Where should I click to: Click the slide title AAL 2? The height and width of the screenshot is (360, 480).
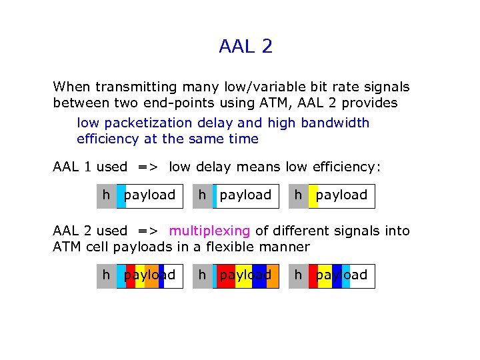point(245,47)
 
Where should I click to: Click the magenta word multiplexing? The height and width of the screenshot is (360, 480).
point(209,231)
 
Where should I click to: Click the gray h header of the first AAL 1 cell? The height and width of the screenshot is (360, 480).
point(106,195)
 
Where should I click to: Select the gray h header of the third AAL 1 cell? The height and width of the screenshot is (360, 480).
point(298,195)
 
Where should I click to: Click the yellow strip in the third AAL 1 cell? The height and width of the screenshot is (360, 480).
point(313,195)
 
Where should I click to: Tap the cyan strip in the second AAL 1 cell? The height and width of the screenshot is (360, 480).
point(215,195)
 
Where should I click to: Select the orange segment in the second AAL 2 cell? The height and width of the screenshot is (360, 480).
point(272,275)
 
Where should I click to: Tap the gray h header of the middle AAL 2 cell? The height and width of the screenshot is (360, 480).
point(202,275)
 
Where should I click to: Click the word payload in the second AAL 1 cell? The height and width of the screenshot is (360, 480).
point(245,195)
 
